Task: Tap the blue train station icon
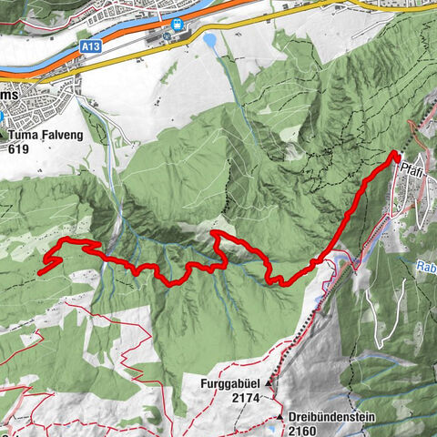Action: (178, 25)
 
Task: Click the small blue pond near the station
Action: (210, 41)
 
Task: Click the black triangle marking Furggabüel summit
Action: (269, 385)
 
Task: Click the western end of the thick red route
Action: (42, 270)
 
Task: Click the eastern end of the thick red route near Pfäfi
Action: (397, 156)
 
